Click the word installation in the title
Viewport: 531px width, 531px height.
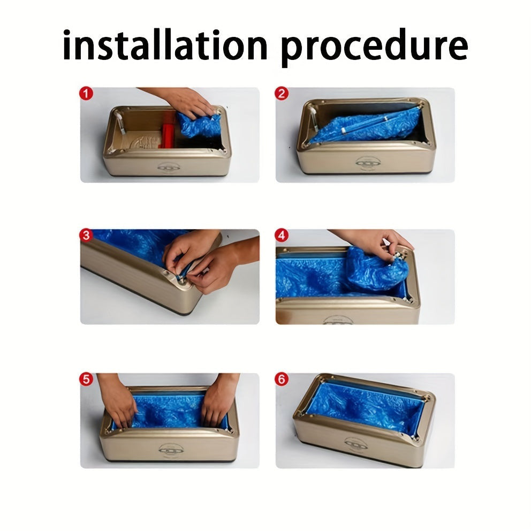coord(165,45)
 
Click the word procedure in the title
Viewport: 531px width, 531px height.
coord(374,48)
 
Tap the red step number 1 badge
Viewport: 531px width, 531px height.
coord(86,94)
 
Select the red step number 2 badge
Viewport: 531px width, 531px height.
coord(282,94)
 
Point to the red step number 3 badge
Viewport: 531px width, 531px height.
coord(86,235)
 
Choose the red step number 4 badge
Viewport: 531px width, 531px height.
coord(282,235)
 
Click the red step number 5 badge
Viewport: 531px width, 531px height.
coord(86,380)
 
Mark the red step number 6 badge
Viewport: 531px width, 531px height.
coord(282,380)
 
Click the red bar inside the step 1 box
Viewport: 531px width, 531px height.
coord(168,131)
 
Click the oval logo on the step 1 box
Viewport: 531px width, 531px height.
coord(169,167)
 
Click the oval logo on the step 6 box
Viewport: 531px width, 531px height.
coord(356,443)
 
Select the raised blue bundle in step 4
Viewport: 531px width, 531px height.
coord(376,269)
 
